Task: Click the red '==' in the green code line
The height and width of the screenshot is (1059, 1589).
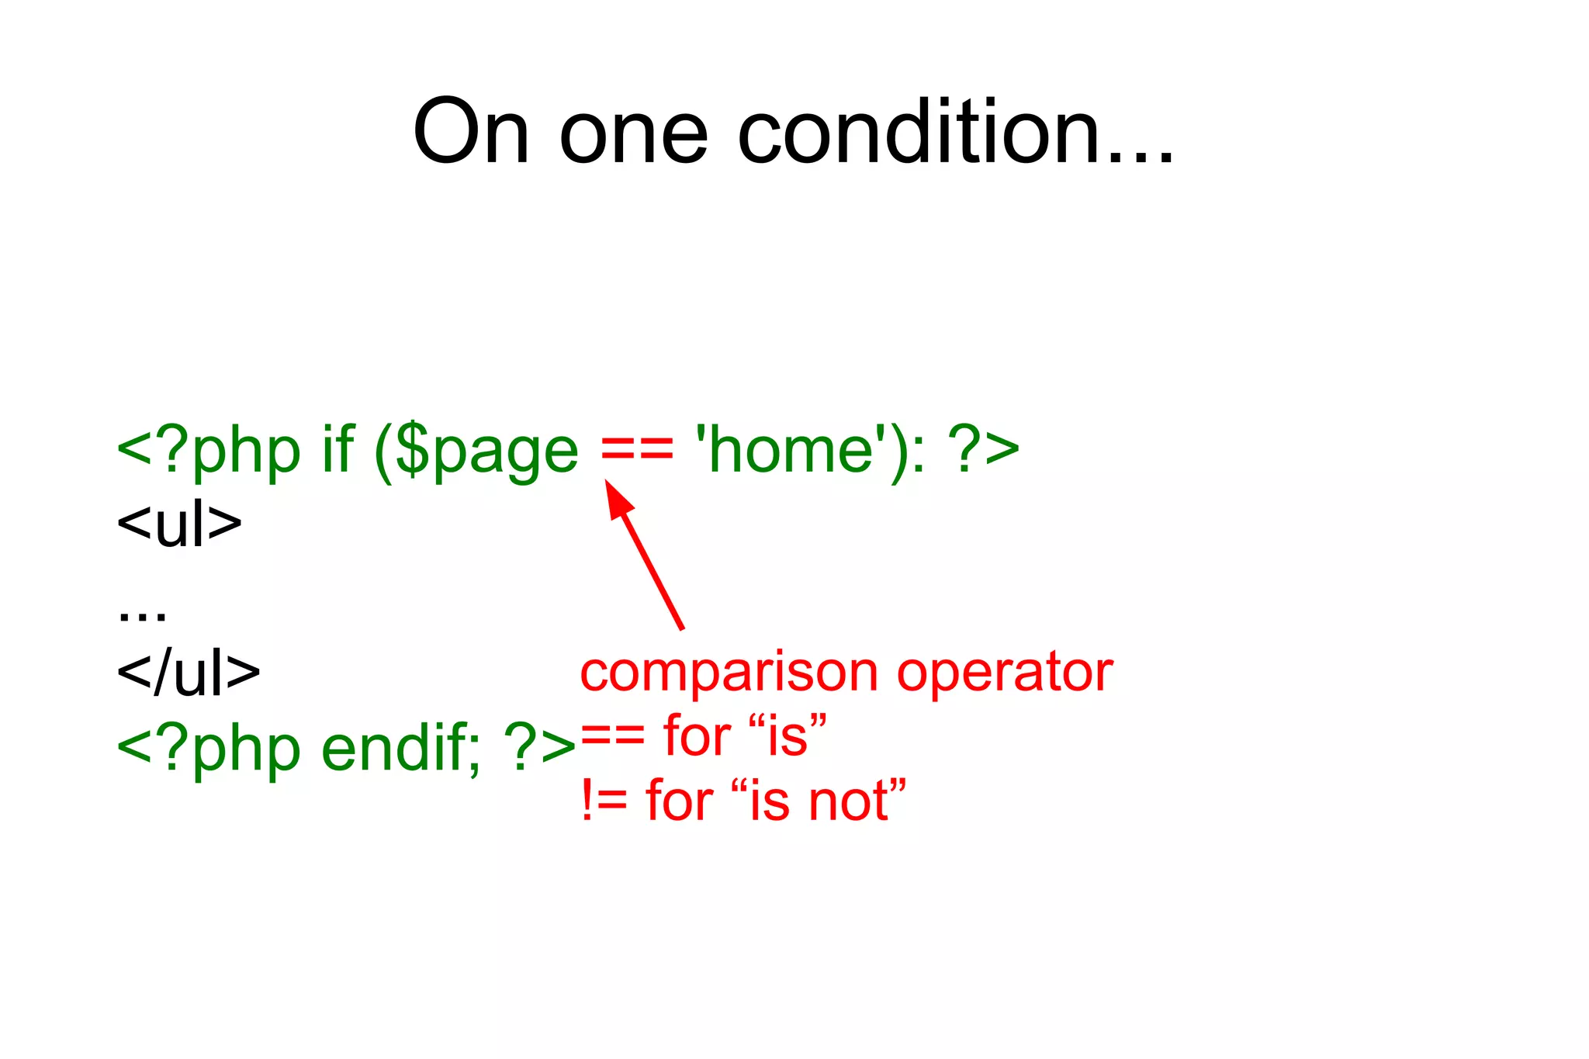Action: (637, 450)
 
